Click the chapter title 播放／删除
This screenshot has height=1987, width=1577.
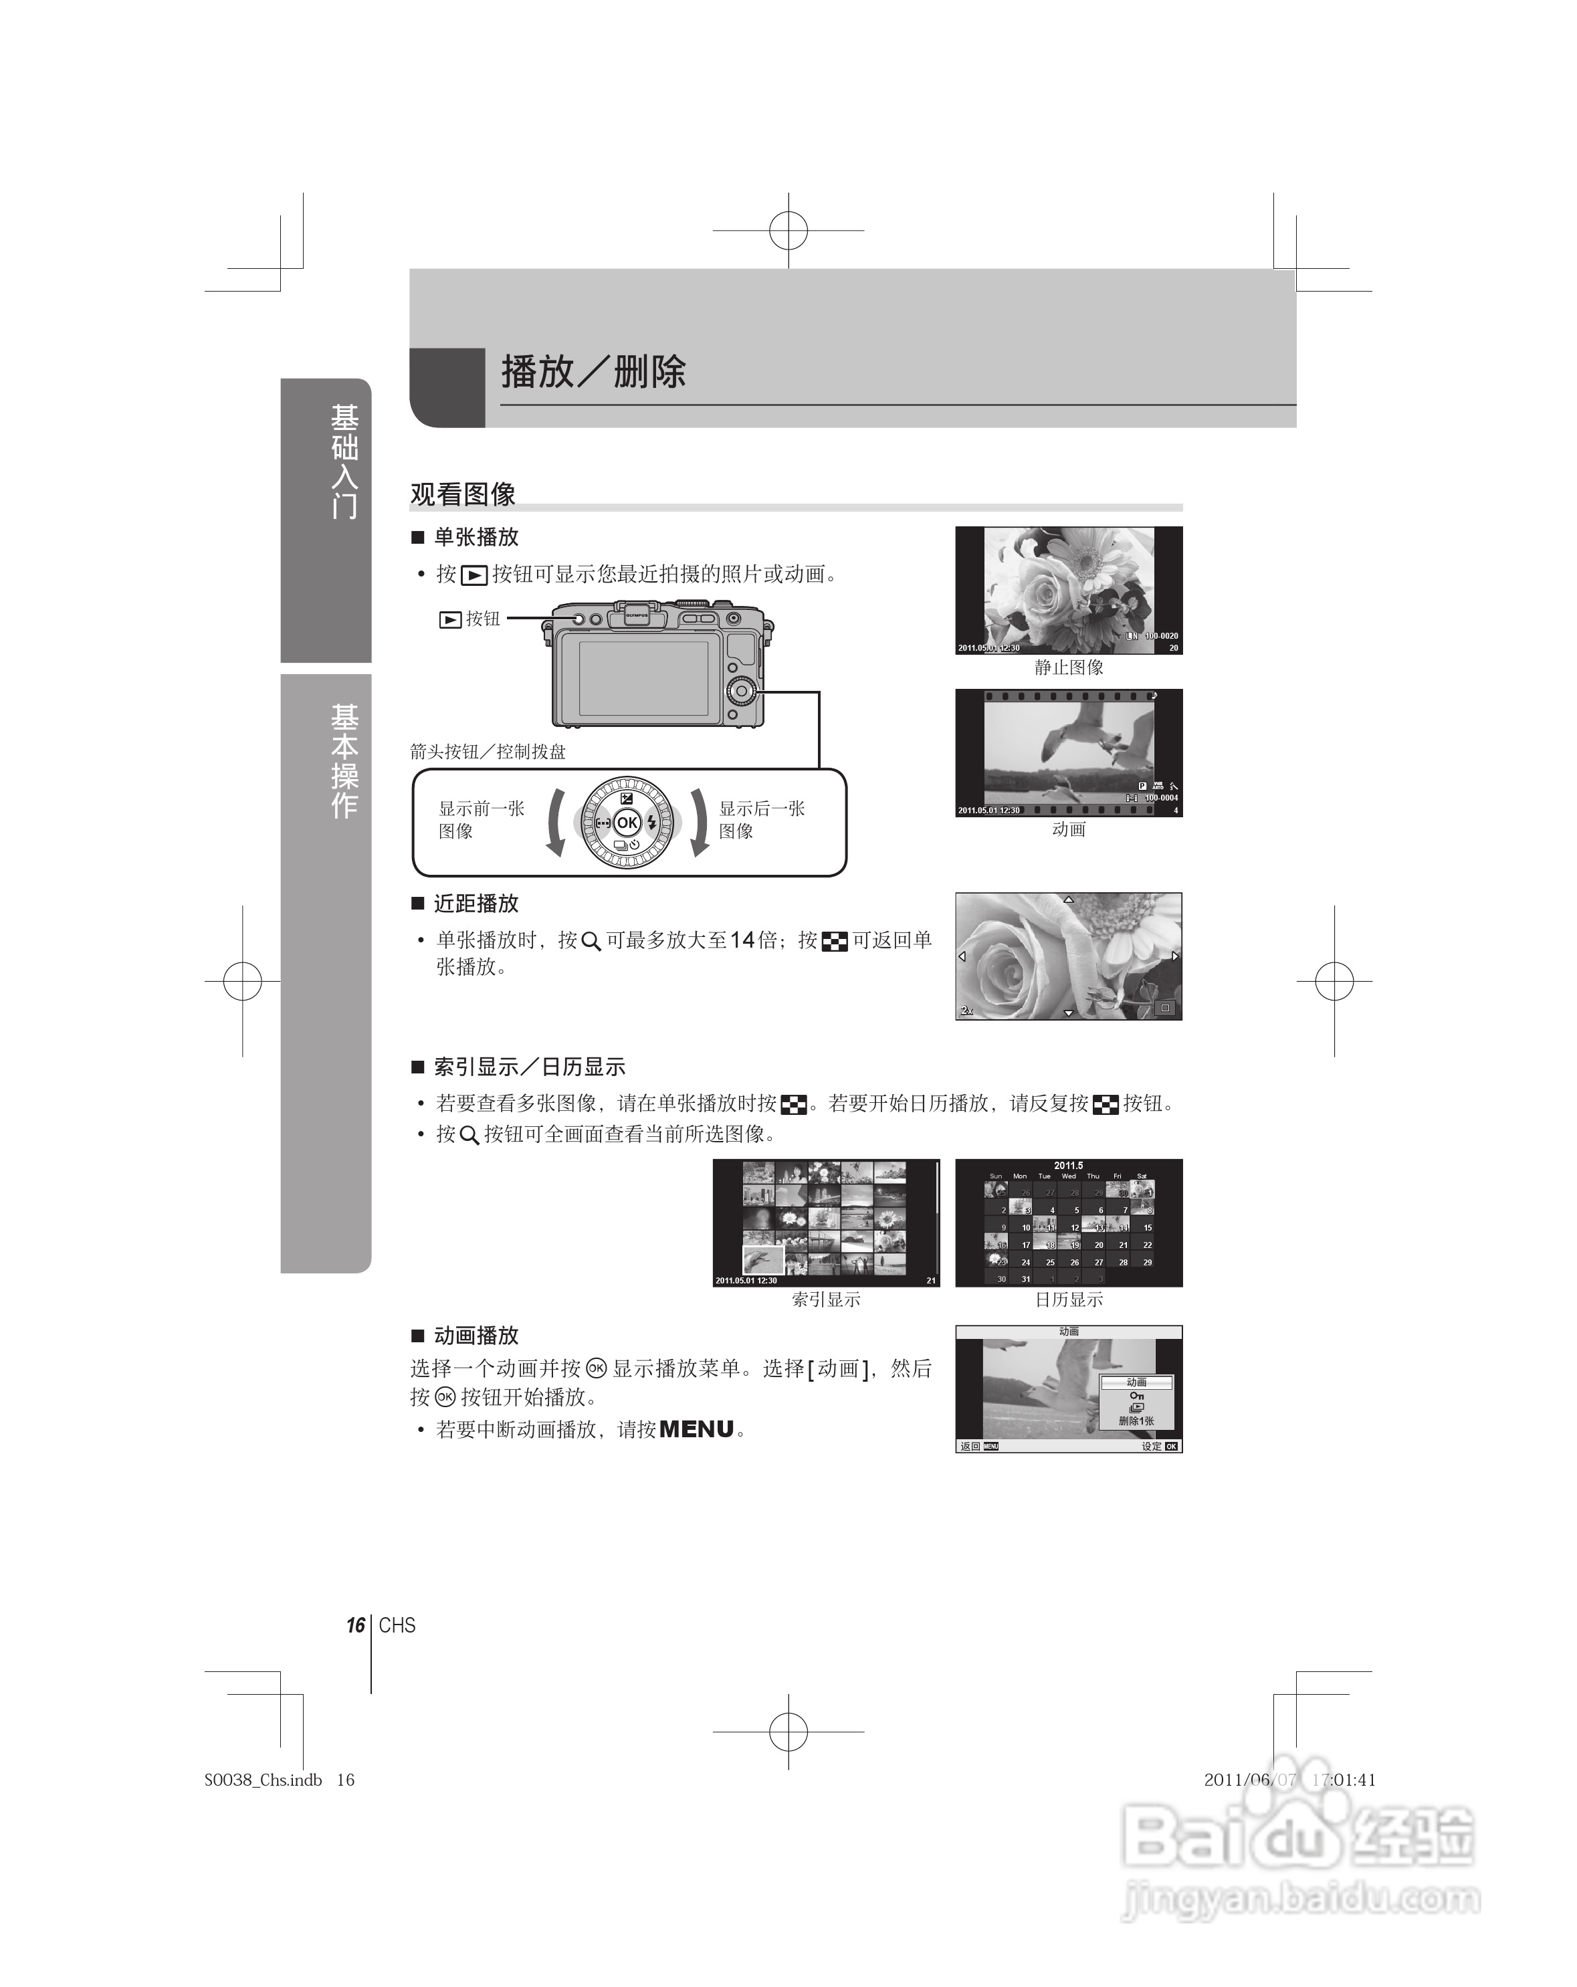(593, 373)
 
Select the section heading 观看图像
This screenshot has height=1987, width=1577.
(463, 495)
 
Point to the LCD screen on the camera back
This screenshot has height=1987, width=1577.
(643, 677)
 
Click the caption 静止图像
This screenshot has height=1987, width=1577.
(1068, 667)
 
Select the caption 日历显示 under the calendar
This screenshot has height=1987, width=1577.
(1068, 1299)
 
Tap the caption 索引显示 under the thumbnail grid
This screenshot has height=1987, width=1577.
(826, 1299)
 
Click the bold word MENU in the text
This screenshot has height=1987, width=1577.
(697, 1429)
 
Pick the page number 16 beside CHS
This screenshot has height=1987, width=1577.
(355, 1626)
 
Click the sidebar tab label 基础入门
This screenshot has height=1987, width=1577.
(344, 461)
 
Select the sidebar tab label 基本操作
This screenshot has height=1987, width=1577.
(344, 760)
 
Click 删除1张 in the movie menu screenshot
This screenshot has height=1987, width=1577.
(1136, 1421)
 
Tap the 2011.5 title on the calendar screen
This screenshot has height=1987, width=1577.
(1068, 1166)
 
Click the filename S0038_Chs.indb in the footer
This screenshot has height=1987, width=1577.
(263, 1780)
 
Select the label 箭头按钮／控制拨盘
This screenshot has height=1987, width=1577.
(488, 752)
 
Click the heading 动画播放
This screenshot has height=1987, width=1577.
(476, 1336)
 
